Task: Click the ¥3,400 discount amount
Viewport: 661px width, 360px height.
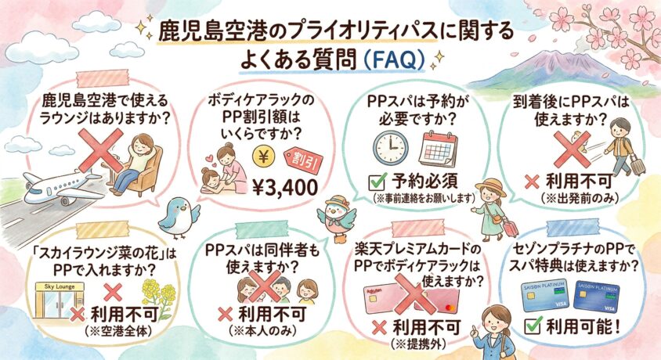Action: [284, 187]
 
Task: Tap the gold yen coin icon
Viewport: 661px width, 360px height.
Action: [263, 157]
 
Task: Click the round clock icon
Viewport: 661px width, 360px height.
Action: [391, 148]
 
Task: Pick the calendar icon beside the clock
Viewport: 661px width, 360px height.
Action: [438, 149]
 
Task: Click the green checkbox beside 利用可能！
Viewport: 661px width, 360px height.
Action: [533, 326]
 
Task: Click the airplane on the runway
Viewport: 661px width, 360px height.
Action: [63, 186]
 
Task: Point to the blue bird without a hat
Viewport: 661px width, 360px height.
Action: [179, 218]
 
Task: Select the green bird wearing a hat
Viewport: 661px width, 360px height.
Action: [337, 218]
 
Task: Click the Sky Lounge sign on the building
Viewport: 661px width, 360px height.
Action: [60, 286]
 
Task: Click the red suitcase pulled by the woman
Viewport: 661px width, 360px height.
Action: [510, 228]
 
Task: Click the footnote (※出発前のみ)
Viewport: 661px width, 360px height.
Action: [580, 198]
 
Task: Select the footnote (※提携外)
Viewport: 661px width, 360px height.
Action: [418, 344]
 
